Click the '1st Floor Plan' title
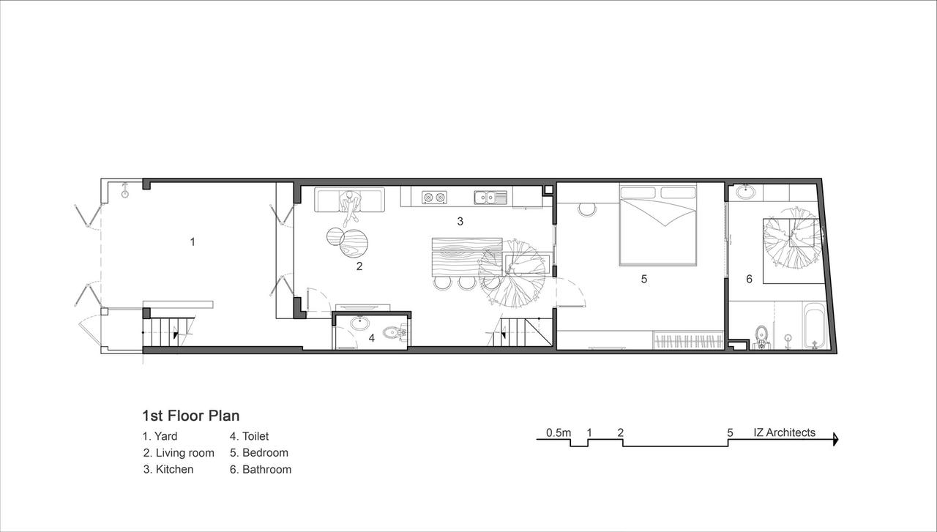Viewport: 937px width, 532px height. [191, 416]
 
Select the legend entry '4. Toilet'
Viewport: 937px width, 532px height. [249, 436]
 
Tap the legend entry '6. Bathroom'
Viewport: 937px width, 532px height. [260, 469]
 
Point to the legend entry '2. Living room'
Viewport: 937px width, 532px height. [179, 453]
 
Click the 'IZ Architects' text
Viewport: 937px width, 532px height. [784, 432]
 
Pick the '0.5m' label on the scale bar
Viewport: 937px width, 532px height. [559, 433]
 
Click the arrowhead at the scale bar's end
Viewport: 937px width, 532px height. [836, 439]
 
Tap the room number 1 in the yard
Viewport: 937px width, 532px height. [193, 241]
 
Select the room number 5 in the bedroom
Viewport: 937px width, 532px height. [644, 279]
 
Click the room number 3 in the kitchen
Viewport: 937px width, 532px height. [460, 221]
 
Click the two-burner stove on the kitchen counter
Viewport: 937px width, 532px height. [434, 198]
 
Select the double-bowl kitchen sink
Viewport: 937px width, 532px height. [490, 198]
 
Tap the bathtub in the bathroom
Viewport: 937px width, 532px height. [814, 326]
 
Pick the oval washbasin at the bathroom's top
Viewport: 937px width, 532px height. [745, 192]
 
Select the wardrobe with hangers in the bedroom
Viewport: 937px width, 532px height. [688, 340]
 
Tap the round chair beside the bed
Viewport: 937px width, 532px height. [587, 209]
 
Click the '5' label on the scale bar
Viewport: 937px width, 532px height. [730, 432]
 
